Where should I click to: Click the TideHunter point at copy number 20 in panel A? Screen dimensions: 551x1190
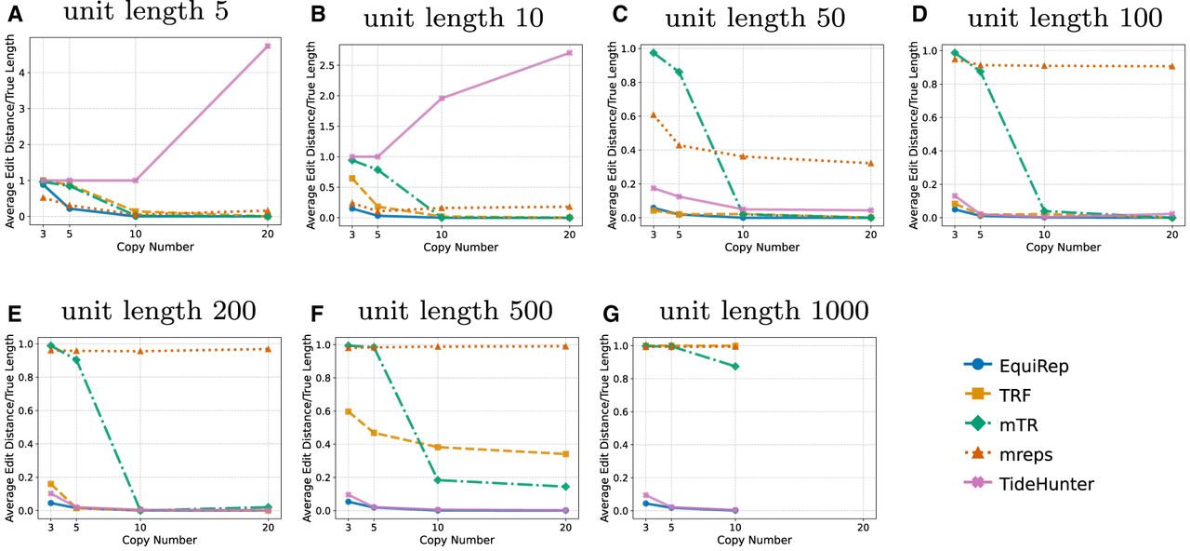pos(268,46)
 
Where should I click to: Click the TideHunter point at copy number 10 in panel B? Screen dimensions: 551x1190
pos(442,98)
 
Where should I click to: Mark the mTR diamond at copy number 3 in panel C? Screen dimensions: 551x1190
pos(653,53)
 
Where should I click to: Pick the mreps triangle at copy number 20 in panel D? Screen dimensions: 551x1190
pos(1172,66)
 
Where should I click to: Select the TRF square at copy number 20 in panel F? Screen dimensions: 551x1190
pos(565,454)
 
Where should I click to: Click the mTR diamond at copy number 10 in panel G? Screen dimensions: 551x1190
pos(735,367)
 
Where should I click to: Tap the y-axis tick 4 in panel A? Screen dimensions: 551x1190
pos(22,72)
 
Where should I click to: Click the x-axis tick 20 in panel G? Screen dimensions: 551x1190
pos(863,527)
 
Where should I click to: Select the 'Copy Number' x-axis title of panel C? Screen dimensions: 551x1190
pos(761,248)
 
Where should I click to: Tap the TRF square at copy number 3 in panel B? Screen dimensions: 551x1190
pos(351,179)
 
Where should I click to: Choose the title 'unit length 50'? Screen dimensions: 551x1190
pos(755,19)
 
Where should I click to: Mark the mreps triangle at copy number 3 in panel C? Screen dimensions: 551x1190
pos(653,114)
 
